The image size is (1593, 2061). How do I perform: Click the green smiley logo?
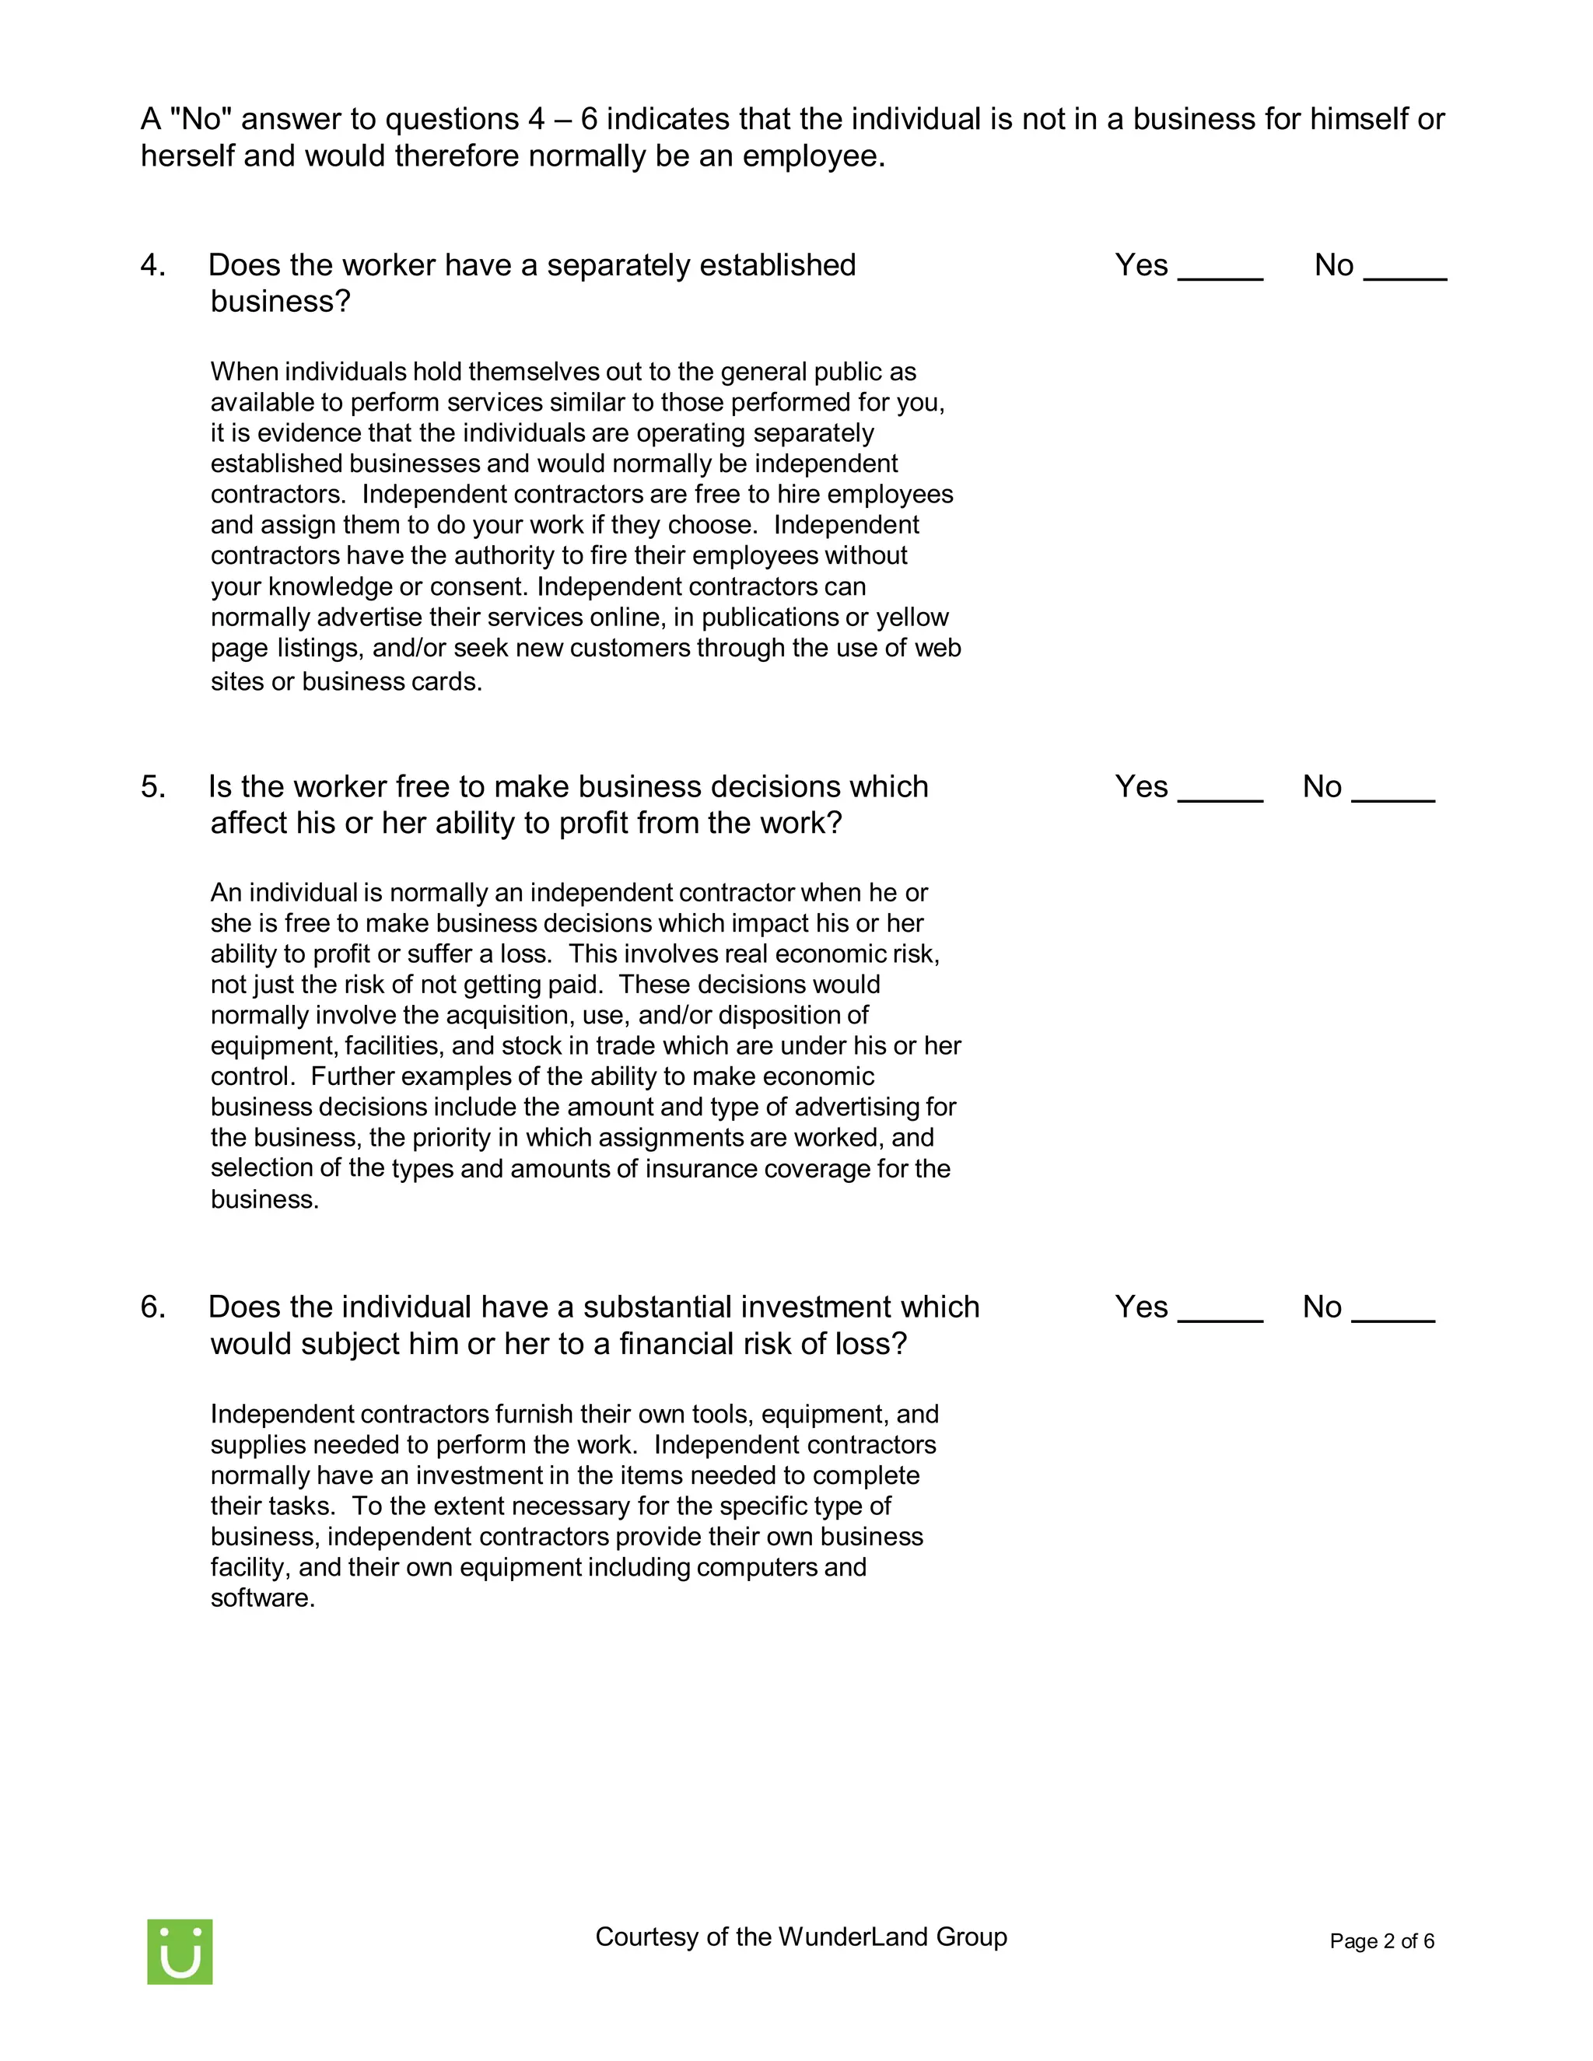(180, 1951)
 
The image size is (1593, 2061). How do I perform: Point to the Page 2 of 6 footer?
(1381, 1941)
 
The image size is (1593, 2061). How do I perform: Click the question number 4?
(152, 265)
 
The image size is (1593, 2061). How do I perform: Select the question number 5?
(152, 786)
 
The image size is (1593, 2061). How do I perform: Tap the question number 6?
(152, 1307)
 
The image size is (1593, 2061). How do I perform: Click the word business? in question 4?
(280, 301)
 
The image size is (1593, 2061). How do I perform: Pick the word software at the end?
(261, 1597)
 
